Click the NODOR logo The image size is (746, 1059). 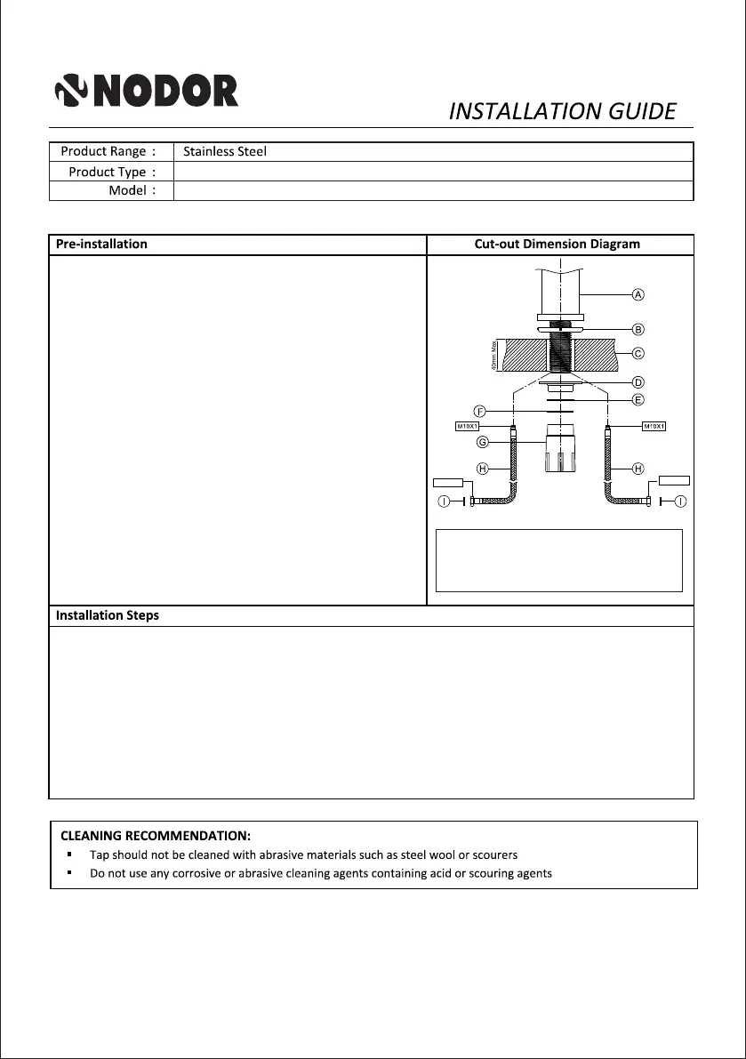tap(147, 91)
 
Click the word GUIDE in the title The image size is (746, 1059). tap(642, 111)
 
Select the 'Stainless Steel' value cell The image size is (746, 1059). tap(225, 152)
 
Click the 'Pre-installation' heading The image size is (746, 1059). tap(101, 244)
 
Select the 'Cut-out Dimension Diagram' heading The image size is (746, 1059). tap(557, 245)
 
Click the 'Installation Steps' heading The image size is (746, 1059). tap(108, 615)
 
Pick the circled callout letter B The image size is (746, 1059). tap(638, 330)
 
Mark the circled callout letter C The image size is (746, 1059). tap(638, 353)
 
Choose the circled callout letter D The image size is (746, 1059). tap(638, 382)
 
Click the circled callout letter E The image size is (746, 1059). tap(638, 400)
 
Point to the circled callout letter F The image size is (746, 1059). tap(479, 412)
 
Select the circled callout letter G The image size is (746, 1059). tap(483, 442)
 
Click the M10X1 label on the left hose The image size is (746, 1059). tap(468, 427)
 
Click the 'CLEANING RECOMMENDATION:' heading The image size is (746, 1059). tap(156, 836)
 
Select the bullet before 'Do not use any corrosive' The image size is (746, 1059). tap(68, 873)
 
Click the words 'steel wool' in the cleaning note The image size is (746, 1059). tap(424, 854)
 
